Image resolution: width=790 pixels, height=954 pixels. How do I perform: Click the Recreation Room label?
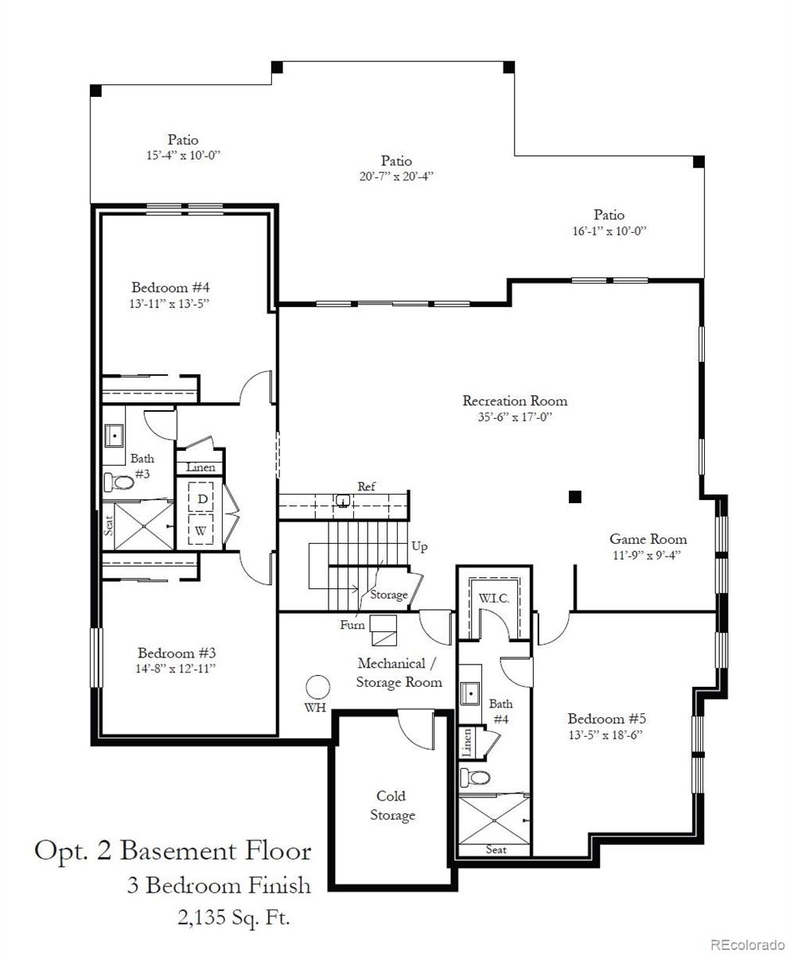click(515, 401)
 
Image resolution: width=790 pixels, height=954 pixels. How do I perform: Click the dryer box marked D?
click(203, 498)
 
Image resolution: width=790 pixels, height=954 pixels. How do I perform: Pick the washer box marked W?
click(203, 529)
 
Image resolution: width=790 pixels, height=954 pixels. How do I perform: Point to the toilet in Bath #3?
click(119, 482)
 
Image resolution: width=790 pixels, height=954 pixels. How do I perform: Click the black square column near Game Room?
click(575, 497)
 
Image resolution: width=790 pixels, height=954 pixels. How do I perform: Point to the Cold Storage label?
click(391, 805)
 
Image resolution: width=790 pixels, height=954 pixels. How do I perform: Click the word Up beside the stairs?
click(420, 547)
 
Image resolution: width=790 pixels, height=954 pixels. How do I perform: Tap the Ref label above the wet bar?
click(366, 487)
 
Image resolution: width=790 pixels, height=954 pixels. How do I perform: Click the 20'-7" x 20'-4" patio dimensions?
click(395, 176)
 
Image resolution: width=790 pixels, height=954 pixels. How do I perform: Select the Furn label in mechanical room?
click(352, 625)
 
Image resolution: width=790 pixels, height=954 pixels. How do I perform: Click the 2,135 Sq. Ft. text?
click(233, 919)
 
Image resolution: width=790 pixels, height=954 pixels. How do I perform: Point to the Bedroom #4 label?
click(170, 287)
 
